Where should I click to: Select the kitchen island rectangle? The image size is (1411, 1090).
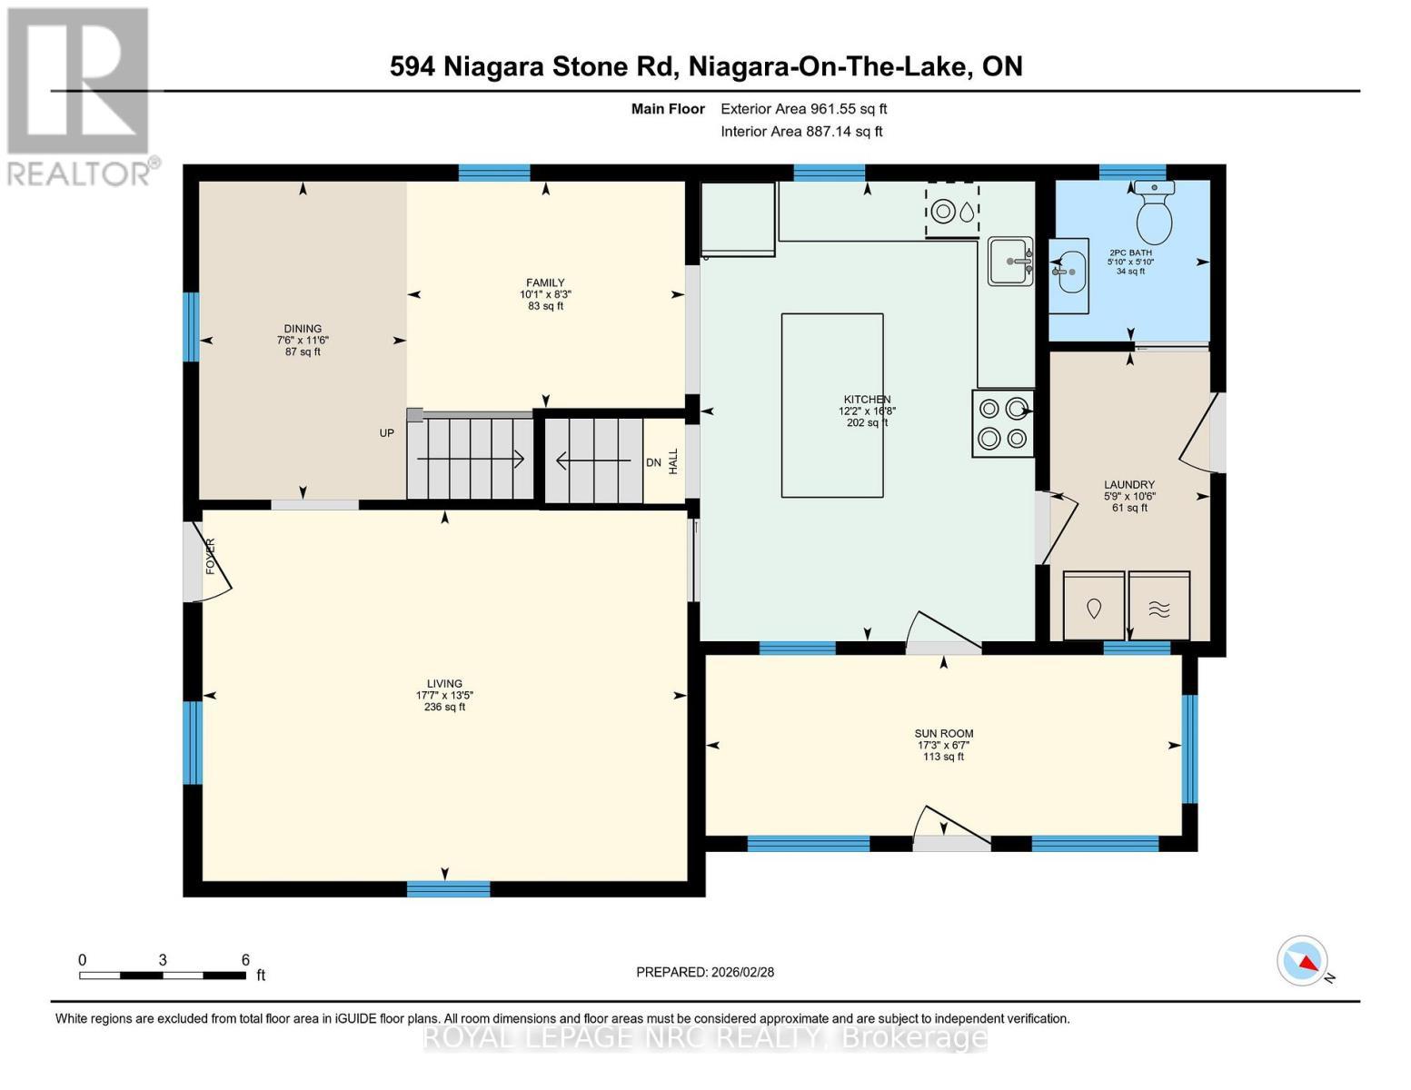[832, 405]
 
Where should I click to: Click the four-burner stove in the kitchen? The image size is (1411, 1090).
[1003, 423]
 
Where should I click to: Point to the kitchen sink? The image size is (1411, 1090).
[1010, 262]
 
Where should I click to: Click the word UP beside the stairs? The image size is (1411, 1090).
[387, 433]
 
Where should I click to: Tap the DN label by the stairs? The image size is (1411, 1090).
[653, 462]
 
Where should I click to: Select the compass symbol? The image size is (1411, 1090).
[1303, 961]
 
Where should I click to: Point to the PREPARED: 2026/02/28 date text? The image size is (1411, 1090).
[705, 972]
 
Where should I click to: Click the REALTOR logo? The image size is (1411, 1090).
[79, 95]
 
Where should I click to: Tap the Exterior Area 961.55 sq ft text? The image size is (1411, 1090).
[803, 109]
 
